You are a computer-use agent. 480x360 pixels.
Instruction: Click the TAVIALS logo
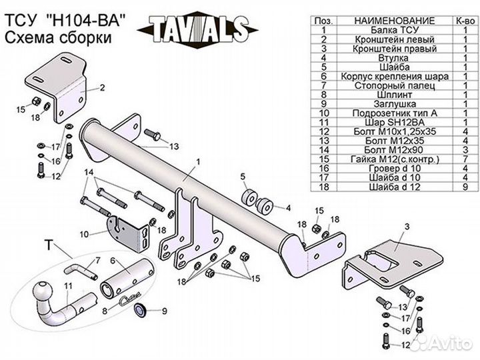pos(198,29)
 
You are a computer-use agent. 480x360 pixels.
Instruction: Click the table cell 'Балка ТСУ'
pos(394,30)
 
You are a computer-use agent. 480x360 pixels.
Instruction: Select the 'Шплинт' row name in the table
pos(394,95)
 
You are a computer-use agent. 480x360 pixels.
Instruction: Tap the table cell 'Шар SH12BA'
pos(394,123)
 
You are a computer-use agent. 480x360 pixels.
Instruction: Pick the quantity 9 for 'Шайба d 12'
pos(465,187)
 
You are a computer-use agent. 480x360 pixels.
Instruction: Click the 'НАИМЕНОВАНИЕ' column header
pos(394,21)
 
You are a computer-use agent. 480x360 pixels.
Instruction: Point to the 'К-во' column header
pos(465,21)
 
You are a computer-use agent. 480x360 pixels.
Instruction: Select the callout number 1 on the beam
pos(199,161)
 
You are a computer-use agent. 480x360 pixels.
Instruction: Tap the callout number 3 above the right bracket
pos(407,227)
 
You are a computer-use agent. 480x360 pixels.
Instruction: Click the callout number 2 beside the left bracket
pos(102,87)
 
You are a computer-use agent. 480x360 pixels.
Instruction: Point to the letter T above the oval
pos(49,245)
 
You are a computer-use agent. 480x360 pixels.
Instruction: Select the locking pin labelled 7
pos(80,271)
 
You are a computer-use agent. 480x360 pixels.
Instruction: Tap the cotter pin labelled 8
pos(129,298)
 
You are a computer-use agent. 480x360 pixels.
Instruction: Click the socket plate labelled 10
pos(128,233)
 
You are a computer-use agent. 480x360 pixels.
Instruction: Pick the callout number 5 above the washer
pos(243,177)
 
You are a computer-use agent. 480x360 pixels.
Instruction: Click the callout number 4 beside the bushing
pos(288,208)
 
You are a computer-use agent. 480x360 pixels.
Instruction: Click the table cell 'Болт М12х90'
pos(394,150)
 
